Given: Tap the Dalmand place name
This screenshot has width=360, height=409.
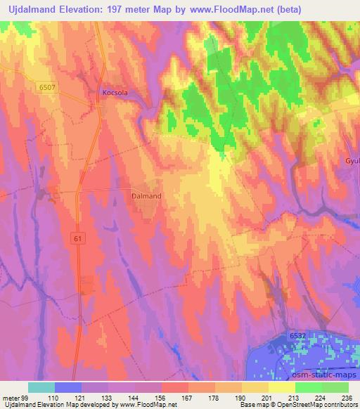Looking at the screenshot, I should pos(146,197).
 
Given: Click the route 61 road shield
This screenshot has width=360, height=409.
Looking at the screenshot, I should pos(77,238).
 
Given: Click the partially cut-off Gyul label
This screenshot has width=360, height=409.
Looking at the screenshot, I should pos(352,161).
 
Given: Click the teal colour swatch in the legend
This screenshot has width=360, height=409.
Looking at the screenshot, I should pos(41,387).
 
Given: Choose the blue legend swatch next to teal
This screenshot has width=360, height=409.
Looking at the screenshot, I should pos(68,387).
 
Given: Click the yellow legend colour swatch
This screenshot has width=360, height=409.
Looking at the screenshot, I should pos(282,387).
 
